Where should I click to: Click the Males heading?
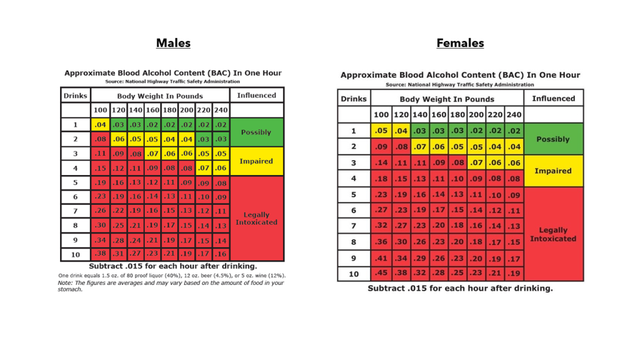173,43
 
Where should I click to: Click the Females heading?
460,43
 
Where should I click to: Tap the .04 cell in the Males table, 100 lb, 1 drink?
100,124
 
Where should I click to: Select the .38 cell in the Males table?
100,254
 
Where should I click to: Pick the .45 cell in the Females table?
380,273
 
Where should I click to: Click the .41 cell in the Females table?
380,257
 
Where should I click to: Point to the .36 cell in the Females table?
380,241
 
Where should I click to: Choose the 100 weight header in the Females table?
380,115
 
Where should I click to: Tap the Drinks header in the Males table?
75,96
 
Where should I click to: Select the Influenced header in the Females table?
553,98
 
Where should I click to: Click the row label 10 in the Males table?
75,254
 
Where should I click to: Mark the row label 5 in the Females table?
353,194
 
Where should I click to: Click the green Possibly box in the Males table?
256,132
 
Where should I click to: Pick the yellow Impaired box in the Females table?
553,171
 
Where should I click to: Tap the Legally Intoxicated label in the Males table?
256,218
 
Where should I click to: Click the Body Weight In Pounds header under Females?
446,99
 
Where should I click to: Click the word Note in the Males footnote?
66,282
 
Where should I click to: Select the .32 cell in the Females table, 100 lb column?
380,226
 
